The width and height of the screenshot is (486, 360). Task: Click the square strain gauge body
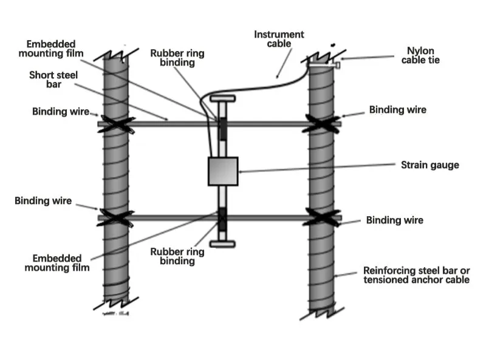[x=222, y=171]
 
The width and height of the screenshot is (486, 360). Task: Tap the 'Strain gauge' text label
[x=430, y=165]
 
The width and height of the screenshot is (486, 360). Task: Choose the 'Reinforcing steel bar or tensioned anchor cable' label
[x=416, y=275]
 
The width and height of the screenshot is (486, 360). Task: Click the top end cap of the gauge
[x=222, y=98]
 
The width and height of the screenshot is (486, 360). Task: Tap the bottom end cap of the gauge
[x=222, y=244]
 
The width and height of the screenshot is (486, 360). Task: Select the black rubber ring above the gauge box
[x=222, y=127]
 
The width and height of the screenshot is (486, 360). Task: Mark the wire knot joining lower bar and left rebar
[x=115, y=217]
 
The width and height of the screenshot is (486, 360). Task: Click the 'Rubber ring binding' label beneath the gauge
[x=177, y=256]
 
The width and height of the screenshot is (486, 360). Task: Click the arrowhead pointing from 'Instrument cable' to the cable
[x=276, y=77]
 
